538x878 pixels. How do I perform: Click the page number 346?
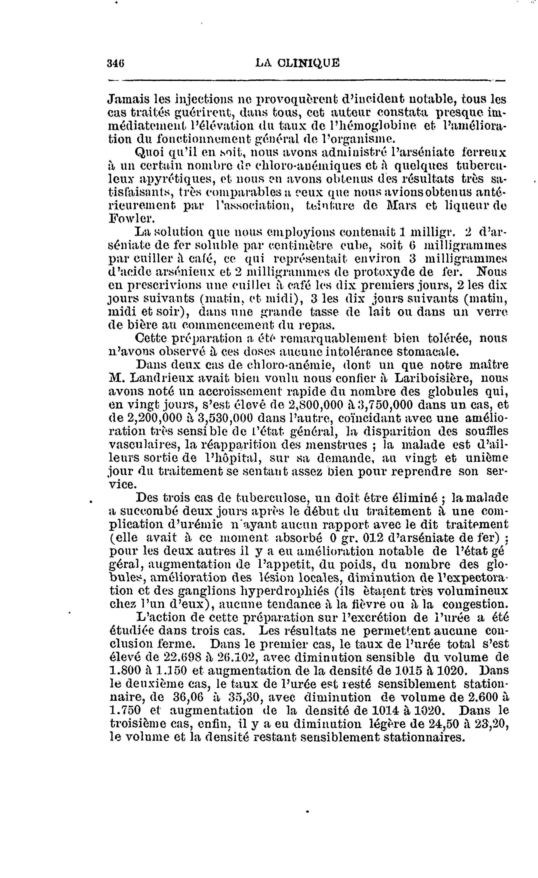coord(117,64)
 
